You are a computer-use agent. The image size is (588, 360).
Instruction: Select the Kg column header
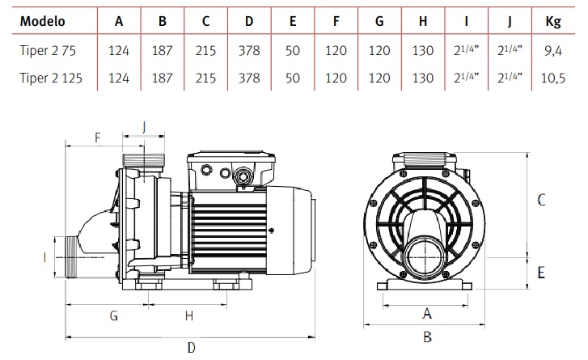[552, 22]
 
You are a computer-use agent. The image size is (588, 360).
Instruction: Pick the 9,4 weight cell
[552, 50]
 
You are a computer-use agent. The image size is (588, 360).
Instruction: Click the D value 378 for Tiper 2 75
[248, 50]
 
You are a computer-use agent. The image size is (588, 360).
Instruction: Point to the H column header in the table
[422, 22]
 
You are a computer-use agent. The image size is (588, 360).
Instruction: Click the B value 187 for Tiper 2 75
[163, 50]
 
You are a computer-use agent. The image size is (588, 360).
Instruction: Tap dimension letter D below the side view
[192, 348]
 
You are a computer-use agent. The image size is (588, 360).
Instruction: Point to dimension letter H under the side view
[188, 315]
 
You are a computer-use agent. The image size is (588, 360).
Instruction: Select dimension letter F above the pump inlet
[97, 138]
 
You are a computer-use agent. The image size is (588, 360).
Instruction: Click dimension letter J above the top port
[143, 126]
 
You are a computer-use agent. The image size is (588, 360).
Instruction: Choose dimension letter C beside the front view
[541, 199]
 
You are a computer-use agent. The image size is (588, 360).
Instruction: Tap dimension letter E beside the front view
[541, 272]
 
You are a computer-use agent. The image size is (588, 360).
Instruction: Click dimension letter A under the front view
[427, 313]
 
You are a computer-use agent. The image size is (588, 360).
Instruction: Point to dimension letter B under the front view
[427, 337]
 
